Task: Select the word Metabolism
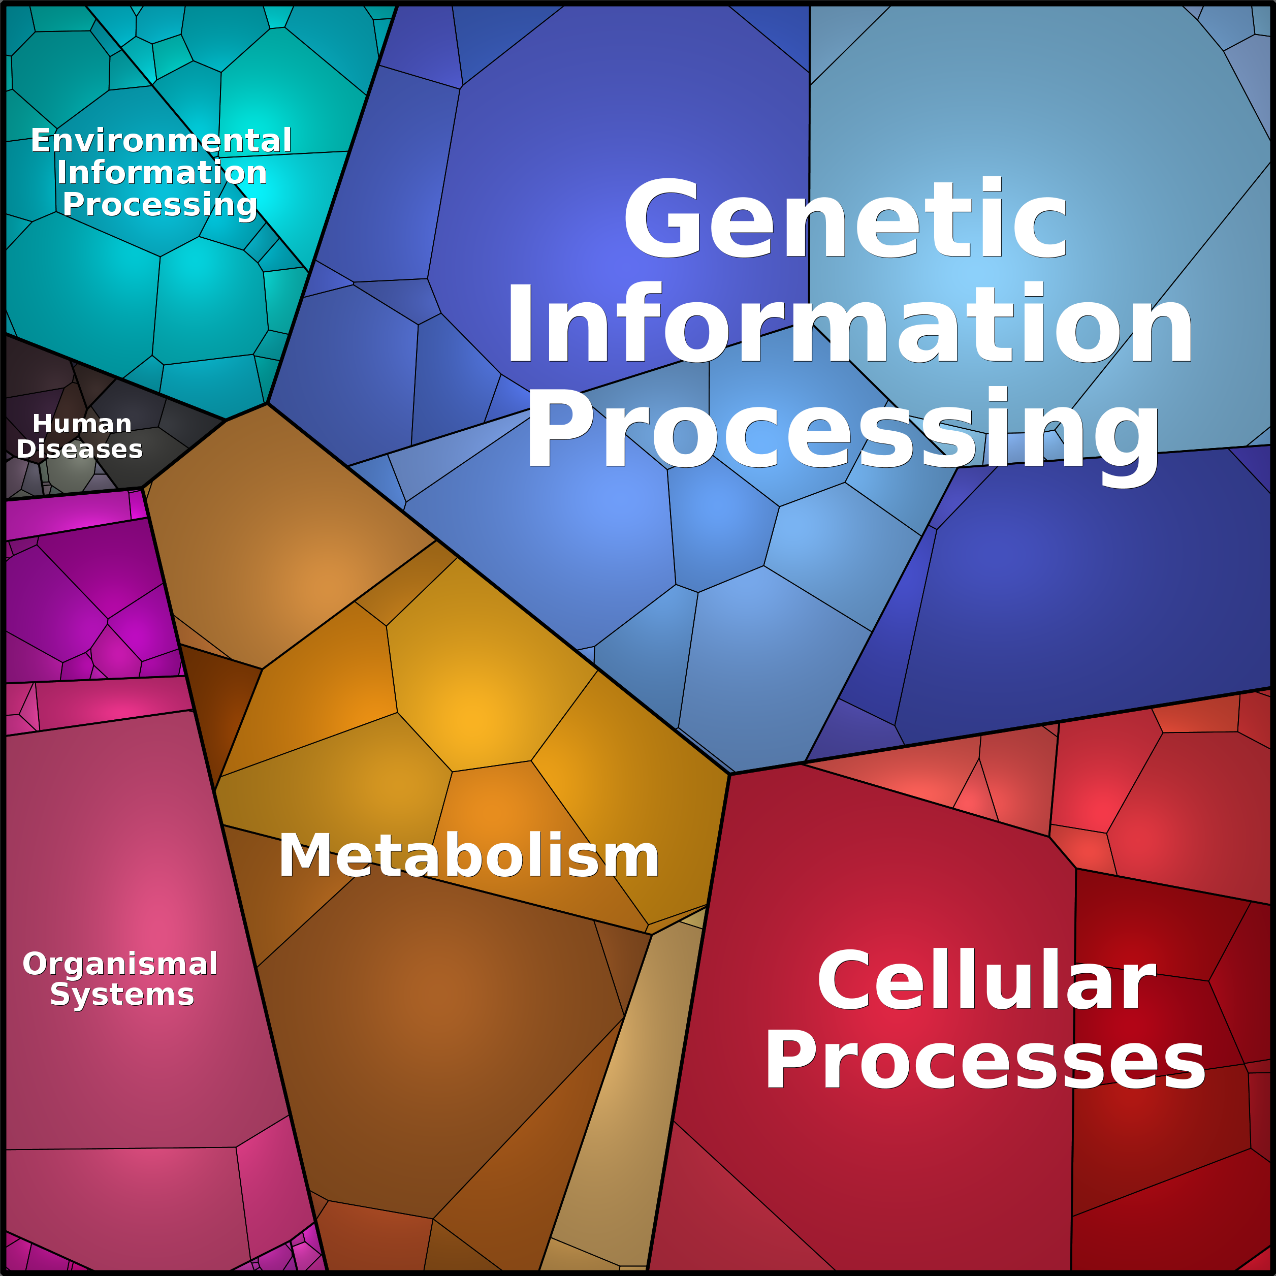[x=469, y=855]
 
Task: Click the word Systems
[x=122, y=994]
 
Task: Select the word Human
[x=82, y=423]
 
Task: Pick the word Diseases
[x=80, y=449]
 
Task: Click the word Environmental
[x=161, y=141]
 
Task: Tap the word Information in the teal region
[x=162, y=172]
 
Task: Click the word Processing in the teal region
[x=160, y=205]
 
